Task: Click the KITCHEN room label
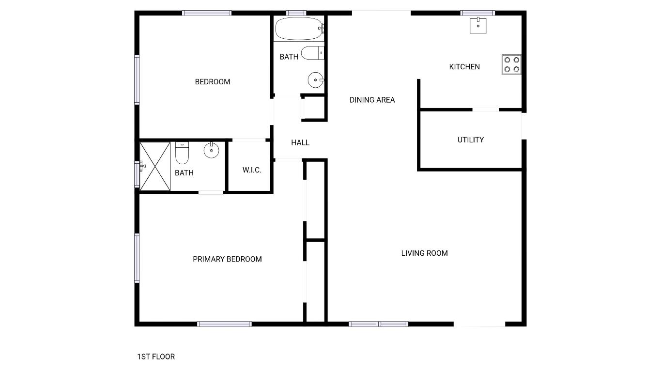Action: [x=464, y=67]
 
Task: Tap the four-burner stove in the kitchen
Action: [x=511, y=64]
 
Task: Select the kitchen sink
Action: [x=478, y=25]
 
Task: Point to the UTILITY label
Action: [x=471, y=140]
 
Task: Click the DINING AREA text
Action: [x=372, y=100]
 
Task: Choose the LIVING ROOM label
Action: [x=424, y=253]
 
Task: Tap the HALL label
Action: [x=300, y=142]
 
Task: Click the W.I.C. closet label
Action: [x=252, y=170]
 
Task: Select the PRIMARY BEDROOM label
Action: [x=227, y=259]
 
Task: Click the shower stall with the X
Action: [x=155, y=167]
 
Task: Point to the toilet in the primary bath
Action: [x=182, y=153]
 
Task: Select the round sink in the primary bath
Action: [x=212, y=151]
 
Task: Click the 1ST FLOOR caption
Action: [x=156, y=357]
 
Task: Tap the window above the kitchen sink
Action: [x=477, y=13]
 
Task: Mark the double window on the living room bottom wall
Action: [x=378, y=324]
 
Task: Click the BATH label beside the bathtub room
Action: [x=289, y=57]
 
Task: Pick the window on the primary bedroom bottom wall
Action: [x=224, y=324]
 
